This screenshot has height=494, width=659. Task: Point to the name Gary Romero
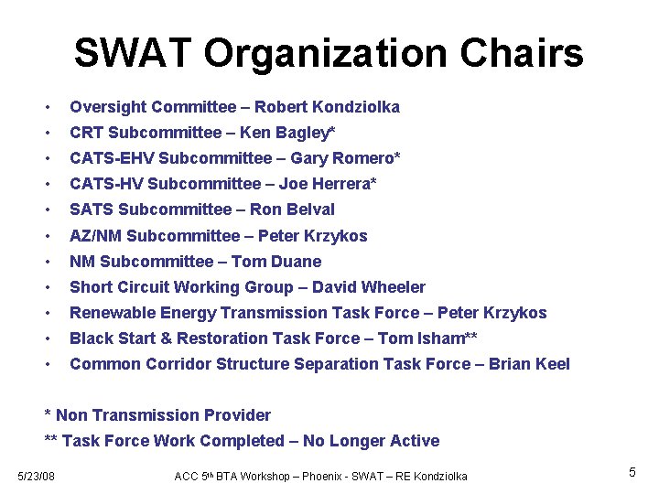click(x=345, y=158)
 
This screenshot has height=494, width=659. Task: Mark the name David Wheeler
click(x=373, y=287)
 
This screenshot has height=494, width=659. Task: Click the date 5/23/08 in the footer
click(x=38, y=475)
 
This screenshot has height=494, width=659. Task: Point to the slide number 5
click(x=632, y=473)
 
